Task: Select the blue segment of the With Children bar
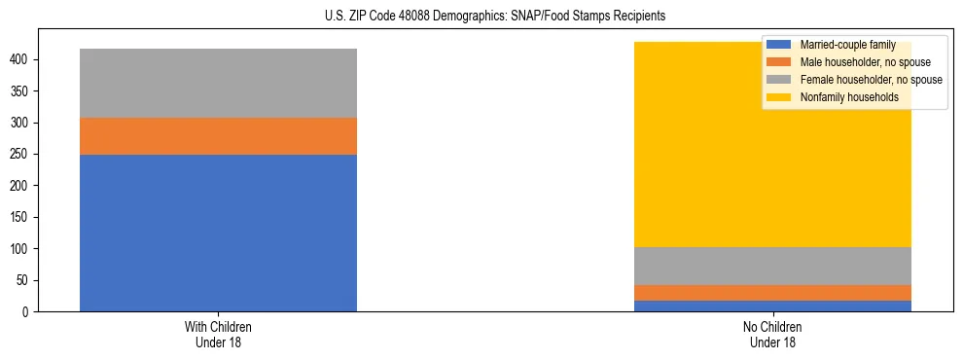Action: point(218,233)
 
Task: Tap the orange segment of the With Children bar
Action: point(218,136)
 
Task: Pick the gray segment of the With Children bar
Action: point(218,83)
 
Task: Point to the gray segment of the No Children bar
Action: point(773,266)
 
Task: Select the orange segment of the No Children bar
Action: point(773,292)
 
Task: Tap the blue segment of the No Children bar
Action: point(773,306)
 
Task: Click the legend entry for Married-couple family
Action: point(846,45)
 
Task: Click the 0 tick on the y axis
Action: point(29,312)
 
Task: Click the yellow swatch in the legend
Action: point(779,97)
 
